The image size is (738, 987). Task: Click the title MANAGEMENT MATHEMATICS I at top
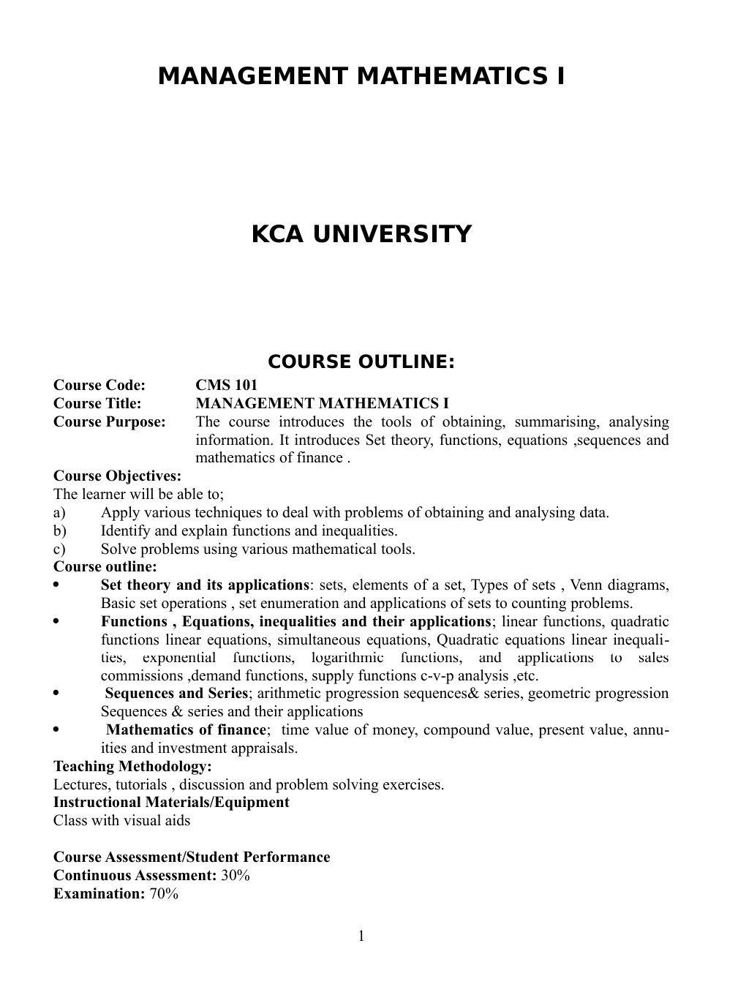tap(361, 76)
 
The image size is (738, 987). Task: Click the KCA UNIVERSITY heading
tap(361, 234)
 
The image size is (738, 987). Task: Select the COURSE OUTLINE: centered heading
tap(361, 362)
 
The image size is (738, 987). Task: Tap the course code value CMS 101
tap(226, 386)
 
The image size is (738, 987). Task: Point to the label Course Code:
tap(99, 386)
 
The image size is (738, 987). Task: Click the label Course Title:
tap(97, 404)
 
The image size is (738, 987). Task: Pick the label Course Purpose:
tap(110, 422)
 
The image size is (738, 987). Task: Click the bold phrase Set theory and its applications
tap(205, 585)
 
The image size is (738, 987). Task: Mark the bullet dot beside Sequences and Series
tap(57, 694)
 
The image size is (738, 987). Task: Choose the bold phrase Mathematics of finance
tap(186, 730)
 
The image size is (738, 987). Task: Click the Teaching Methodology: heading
tap(132, 767)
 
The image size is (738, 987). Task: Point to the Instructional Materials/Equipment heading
tap(171, 803)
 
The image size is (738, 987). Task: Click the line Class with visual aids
tap(121, 821)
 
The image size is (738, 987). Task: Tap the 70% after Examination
tap(164, 894)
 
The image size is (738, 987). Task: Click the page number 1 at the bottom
tap(361, 937)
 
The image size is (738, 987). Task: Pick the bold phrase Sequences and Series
tap(176, 694)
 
